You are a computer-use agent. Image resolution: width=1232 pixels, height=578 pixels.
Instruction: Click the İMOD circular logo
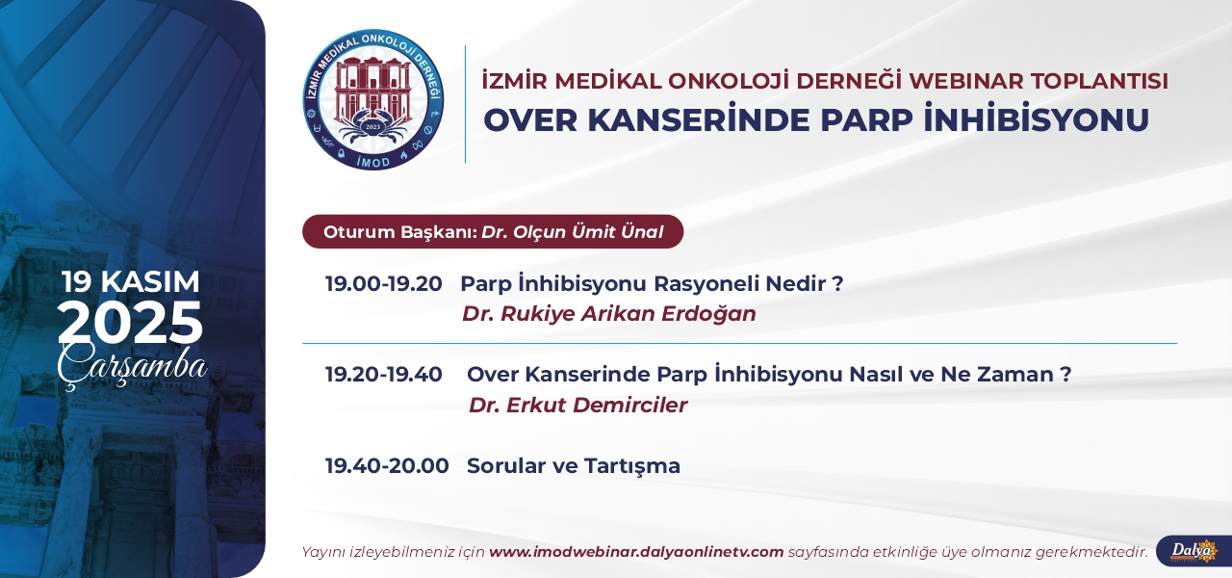coord(373,99)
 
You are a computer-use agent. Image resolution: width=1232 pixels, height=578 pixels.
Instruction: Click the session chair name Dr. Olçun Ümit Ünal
coord(573,232)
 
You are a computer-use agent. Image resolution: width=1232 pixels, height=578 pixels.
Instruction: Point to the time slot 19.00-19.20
coord(383,284)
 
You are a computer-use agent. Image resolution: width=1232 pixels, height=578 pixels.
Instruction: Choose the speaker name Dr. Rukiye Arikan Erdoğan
coord(609,314)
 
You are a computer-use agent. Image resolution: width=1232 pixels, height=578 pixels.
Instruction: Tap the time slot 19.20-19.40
coord(383,375)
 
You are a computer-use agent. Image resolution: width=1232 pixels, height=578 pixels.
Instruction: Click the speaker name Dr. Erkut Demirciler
coord(578,406)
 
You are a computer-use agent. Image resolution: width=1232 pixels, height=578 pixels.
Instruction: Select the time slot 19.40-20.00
coord(387,465)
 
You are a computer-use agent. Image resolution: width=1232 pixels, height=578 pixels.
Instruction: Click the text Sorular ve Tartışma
coord(574,466)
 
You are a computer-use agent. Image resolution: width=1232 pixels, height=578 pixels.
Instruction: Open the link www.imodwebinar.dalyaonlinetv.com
coord(636,552)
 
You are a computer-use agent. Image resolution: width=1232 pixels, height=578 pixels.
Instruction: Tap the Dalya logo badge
coord(1193,551)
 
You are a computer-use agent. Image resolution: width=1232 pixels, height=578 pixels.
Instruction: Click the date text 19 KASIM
coord(130,282)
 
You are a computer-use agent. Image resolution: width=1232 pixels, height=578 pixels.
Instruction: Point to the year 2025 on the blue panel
coord(130,322)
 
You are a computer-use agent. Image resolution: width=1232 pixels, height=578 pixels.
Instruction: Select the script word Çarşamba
coord(132,366)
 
